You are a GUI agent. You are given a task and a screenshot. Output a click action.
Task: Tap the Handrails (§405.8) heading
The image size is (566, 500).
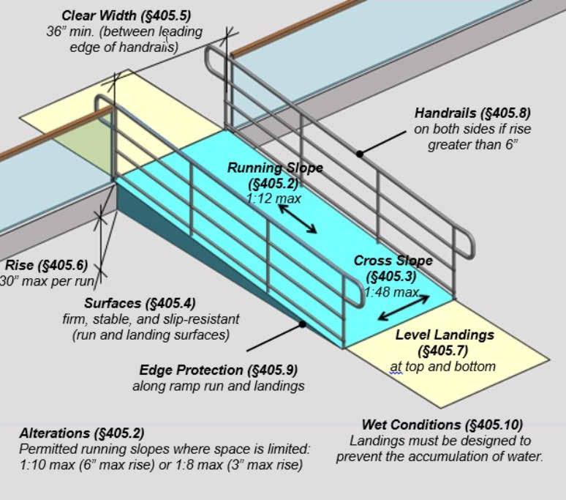coord(472,113)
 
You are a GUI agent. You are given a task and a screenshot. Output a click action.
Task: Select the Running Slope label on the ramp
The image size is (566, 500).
coord(275,168)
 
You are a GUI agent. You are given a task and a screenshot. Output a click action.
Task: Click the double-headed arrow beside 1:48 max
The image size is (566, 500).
coord(404,307)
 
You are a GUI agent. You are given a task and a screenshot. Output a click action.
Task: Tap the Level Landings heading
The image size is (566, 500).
coord(445,335)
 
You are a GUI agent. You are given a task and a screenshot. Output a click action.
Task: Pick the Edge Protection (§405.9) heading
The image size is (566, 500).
coord(219,370)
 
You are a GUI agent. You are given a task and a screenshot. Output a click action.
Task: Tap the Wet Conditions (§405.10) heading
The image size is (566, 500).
coord(442,425)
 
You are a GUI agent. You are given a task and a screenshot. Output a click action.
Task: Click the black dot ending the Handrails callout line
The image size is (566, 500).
coord(359,153)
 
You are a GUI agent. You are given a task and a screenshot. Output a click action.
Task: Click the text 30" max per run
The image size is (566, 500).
coord(50,281)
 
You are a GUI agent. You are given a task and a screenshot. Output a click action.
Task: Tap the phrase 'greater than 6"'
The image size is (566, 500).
coord(472,145)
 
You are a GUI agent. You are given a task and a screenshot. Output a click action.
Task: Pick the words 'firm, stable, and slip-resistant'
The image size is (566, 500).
coord(151,320)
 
